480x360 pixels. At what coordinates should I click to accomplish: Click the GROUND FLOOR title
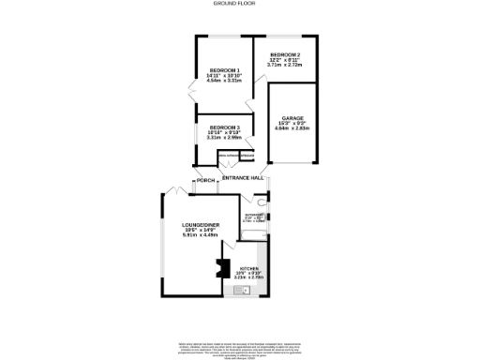click(x=239, y=5)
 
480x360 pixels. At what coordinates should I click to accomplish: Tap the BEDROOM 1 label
click(x=224, y=70)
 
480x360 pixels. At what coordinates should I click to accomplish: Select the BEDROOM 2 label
click(x=287, y=54)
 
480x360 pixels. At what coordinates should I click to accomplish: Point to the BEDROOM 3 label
click(x=224, y=127)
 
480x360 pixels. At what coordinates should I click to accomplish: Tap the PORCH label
click(x=205, y=180)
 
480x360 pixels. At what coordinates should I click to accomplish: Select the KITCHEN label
click(x=247, y=268)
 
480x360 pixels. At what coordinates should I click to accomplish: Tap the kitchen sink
click(x=247, y=290)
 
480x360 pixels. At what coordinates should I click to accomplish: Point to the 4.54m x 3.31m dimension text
click(x=224, y=82)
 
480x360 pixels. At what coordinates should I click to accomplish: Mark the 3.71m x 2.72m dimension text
click(x=287, y=66)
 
